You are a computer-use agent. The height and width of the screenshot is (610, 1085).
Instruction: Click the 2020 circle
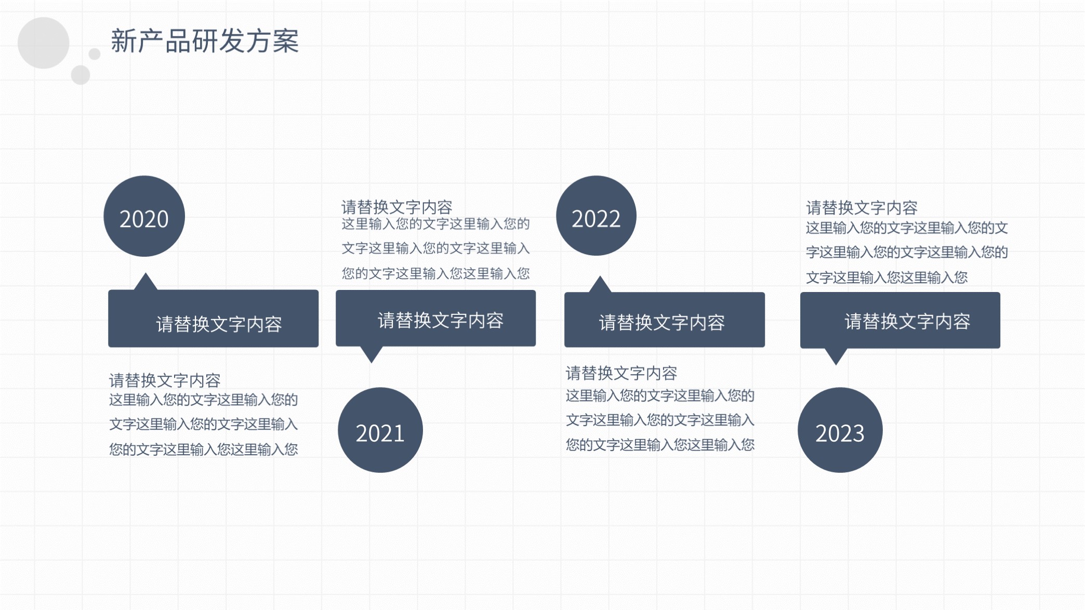coord(144,216)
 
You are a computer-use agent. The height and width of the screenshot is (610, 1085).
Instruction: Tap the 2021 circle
coord(380,430)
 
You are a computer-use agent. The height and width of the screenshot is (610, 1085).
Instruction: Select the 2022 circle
coord(596,216)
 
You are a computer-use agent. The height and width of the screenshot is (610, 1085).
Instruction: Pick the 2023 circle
coord(840,430)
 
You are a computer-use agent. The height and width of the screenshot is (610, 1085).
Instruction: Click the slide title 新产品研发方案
coord(205,41)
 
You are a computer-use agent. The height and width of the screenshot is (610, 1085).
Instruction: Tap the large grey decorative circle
coord(44,43)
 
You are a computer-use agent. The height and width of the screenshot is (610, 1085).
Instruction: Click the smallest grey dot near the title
coord(95,54)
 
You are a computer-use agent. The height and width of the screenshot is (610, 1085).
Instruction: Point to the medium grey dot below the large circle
coord(81,75)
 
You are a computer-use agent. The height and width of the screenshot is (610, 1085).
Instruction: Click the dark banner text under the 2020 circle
coord(219,324)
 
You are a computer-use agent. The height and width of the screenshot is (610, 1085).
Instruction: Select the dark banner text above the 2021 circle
coord(441,321)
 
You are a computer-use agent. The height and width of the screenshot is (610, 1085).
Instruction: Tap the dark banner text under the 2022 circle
coord(662,323)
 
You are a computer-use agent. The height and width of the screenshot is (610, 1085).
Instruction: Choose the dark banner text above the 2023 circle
coord(907,322)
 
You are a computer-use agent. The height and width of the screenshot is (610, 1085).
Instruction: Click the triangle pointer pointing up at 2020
coord(146,282)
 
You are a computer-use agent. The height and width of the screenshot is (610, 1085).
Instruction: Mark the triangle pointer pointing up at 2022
coord(600,284)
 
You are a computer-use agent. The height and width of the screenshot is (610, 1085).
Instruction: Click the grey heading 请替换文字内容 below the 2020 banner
coord(165,380)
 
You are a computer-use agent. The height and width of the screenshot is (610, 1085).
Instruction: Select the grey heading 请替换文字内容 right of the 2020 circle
coord(397,207)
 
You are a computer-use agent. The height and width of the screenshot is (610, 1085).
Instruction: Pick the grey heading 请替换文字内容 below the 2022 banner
coord(621,373)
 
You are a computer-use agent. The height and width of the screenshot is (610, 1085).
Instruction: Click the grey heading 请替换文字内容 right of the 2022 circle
coord(862,208)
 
